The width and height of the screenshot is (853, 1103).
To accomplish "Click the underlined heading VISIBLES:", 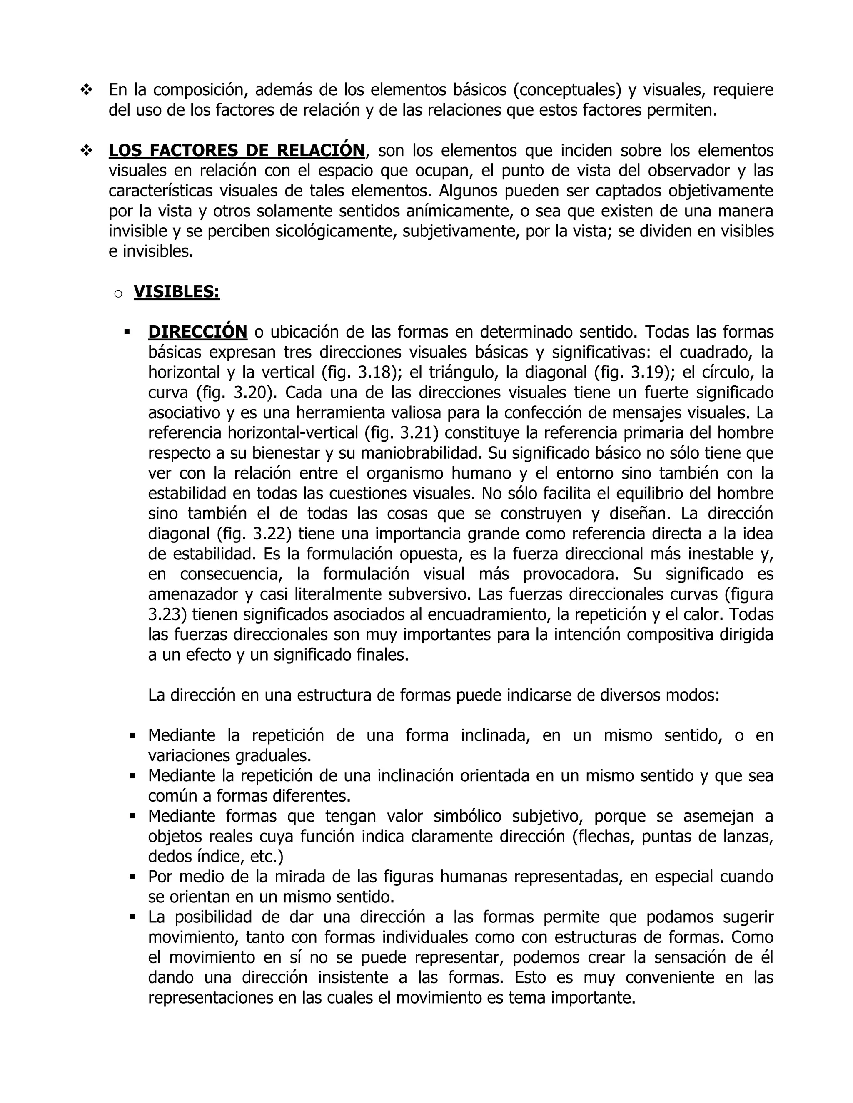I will click(x=176, y=292).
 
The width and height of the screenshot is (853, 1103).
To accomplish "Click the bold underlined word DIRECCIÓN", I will click(x=197, y=332).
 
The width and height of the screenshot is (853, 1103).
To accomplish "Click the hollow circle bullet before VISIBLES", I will click(x=118, y=293).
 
